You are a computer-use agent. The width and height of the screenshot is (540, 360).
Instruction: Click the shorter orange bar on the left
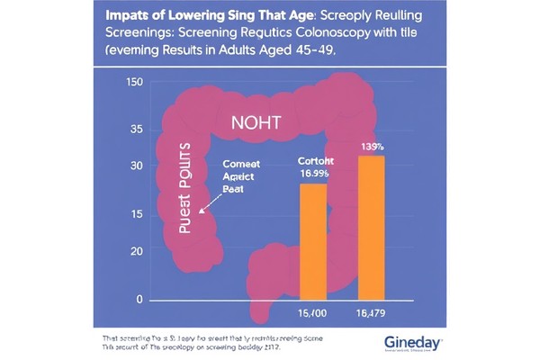[312, 240]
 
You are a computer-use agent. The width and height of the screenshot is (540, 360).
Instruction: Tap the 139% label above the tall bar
[372, 146]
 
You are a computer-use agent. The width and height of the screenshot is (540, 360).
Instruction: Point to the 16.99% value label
[313, 174]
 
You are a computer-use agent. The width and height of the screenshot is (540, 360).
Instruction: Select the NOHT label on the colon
[257, 123]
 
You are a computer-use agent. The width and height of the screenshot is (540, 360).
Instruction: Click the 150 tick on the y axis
[135, 83]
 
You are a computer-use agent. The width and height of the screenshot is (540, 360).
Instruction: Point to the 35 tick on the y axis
[136, 130]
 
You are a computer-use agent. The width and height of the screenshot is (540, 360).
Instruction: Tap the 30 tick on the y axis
[136, 166]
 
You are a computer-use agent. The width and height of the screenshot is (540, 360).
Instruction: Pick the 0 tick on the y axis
[139, 299]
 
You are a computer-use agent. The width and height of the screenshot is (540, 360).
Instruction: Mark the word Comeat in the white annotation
[239, 166]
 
